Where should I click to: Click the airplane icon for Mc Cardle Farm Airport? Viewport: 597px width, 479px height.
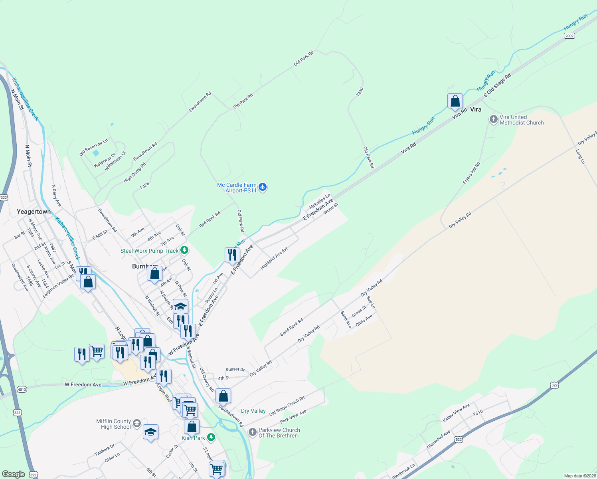click(x=263, y=187)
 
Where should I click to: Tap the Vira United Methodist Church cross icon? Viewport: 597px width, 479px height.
click(x=494, y=119)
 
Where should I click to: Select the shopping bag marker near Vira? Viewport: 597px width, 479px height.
click(x=455, y=101)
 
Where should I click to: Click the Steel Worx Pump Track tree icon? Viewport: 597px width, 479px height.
click(x=184, y=250)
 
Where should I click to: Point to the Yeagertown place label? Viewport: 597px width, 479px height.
click(x=34, y=212)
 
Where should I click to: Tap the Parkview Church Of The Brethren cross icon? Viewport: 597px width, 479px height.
click(x=252, y=432)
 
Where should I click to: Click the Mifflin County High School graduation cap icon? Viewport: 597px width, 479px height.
click(x=137, y=423)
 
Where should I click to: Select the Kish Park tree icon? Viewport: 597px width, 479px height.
click(x=211, y=438)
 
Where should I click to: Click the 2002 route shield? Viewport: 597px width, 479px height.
click(x=569, y=36)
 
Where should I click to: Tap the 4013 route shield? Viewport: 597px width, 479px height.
click(x=22, y=389)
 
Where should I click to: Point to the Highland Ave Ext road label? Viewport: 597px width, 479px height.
click(x=274, y=259)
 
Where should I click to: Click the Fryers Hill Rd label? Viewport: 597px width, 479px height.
click(x=472, y=173)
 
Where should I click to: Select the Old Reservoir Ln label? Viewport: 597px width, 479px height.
click(x=93, y=147)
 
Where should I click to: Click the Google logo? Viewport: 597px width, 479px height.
click(x=13, y=474)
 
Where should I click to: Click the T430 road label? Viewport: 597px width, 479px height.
click(x=360, y=92)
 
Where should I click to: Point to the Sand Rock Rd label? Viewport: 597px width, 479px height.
click(x=292, y=327)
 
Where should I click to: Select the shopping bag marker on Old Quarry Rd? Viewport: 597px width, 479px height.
click(x=223, y=396)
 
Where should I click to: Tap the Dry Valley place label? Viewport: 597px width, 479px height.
click(x=253, y=411)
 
